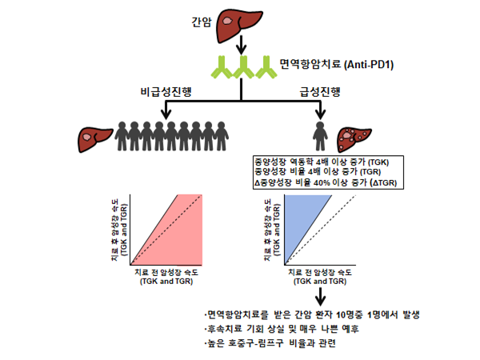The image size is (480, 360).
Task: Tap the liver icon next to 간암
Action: click(240, 19)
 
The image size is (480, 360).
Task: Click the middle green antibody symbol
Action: click(240, 68)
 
